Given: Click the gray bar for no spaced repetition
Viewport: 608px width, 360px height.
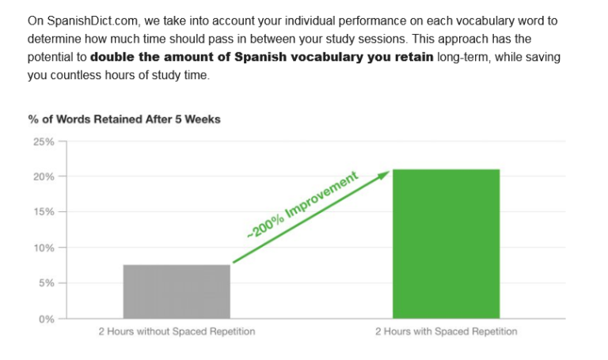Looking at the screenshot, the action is (x=177, y=291).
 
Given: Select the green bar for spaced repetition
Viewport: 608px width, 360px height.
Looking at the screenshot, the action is (x=446, y=244).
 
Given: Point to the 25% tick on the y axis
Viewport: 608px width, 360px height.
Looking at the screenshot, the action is (x=44, y=142).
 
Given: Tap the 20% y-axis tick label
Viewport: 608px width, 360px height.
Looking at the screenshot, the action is (x=44, y=176).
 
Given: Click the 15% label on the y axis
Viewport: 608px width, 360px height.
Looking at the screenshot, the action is (x=44, y=212).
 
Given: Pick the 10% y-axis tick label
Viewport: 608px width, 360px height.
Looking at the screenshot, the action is (x=44, y=248).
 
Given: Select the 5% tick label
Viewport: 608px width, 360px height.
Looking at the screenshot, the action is (x=46, y=283).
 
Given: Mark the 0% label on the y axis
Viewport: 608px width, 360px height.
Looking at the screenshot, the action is (x=46, y=319).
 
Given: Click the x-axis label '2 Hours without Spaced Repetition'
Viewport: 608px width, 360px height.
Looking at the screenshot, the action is (x=177, y=332).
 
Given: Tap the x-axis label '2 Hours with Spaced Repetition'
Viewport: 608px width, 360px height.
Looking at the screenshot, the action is (x=446, y=332).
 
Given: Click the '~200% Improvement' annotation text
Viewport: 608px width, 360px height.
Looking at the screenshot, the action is (x=302, y=205).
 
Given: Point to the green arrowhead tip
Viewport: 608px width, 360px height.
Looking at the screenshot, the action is (x=389, y=171).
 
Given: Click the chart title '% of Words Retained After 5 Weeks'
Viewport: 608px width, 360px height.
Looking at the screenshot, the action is (x=124, y=119).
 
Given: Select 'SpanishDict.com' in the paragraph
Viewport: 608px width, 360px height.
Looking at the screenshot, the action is (x=93, y=21).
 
